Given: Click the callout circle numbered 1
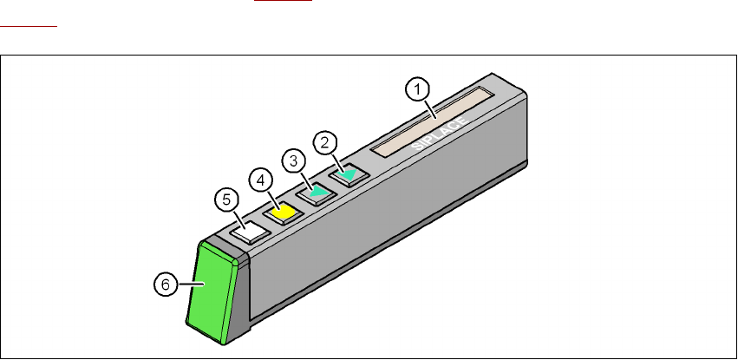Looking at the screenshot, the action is click(417, 89).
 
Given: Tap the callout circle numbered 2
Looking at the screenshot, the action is click(325, 142).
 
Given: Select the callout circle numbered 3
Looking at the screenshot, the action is click(294, 161).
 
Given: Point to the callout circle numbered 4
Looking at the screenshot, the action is click(261, 180).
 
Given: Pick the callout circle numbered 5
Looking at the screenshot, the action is click(227, 200).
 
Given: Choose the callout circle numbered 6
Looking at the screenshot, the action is click(166, 285).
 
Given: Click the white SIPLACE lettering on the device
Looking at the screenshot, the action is click(439, 134).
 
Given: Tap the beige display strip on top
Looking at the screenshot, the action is click(432, 121).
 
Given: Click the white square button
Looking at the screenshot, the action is click(250, 232).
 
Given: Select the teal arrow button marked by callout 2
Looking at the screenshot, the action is click(349, 175).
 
